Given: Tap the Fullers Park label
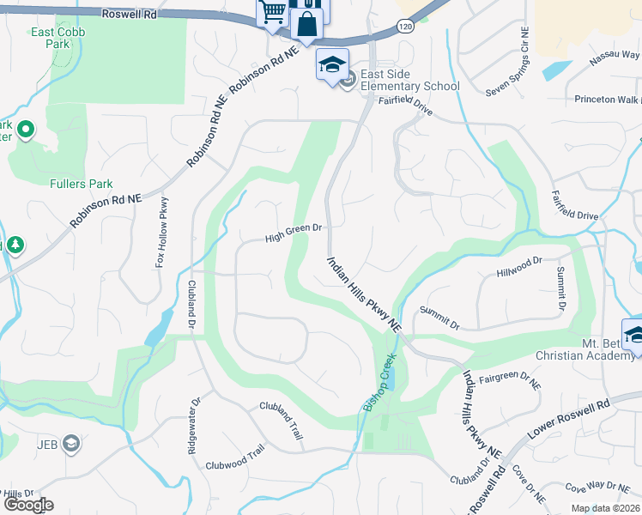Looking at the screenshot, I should point(82,184).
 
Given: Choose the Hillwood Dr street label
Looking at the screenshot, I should point(520,266).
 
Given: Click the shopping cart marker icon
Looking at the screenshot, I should point(272,12).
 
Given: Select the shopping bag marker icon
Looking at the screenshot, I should point(306,24).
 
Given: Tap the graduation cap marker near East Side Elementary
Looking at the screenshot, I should point(332,64).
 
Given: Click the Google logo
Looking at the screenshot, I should point(28,505).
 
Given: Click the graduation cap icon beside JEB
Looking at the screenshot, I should point(72,444).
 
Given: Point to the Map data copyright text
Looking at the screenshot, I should point(605,508).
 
